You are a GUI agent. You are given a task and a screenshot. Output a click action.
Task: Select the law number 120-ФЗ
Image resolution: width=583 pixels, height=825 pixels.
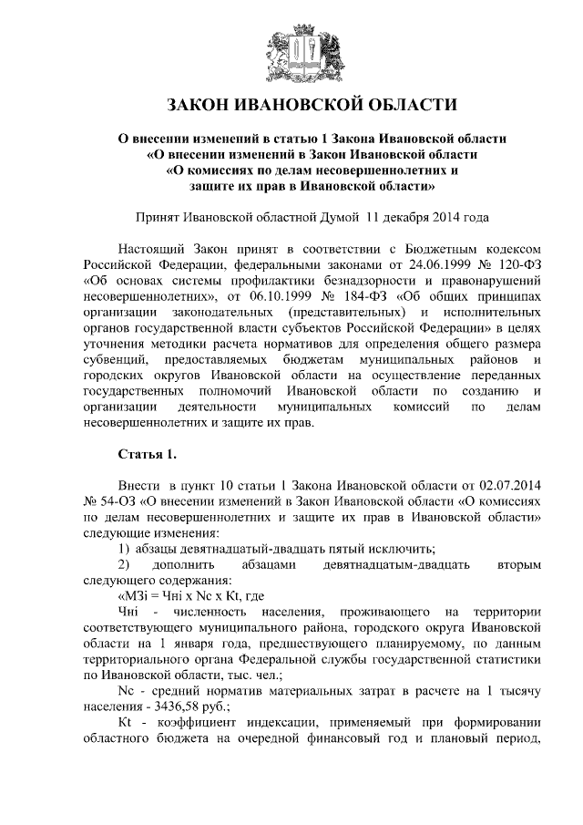pyautogui.click(x=517, y=264)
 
